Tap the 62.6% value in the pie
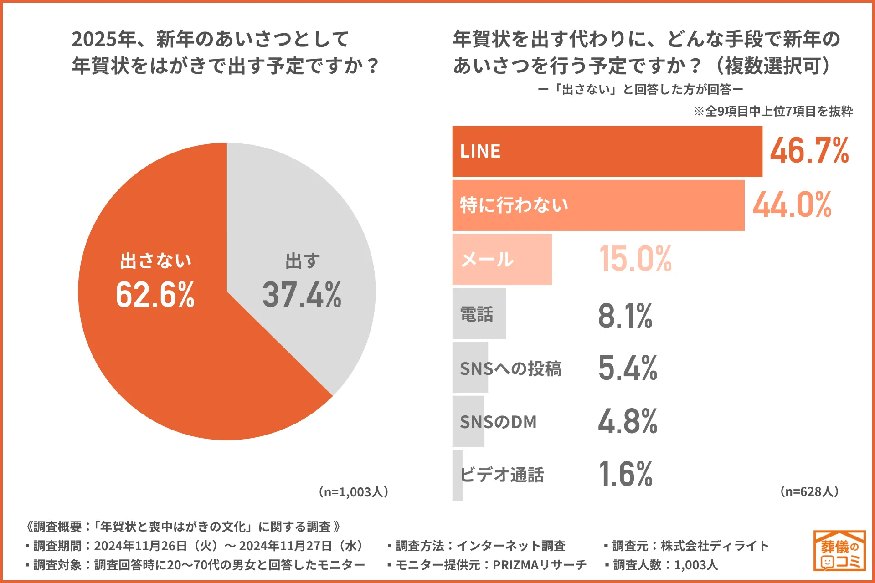tap(155, 295)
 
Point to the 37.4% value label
tap(302, 295)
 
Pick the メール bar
tap(502, 259)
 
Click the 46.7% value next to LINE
tap(809, 151)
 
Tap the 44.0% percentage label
tap(792, 205)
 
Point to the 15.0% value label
tap(635, 259)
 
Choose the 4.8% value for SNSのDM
tap(628, 421)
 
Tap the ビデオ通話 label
tap(502, 475)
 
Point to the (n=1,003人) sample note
tap(354, 492)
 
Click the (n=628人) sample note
tap(809, 491)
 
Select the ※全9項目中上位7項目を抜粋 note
tap(773, 112)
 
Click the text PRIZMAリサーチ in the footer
tap(539, 565)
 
